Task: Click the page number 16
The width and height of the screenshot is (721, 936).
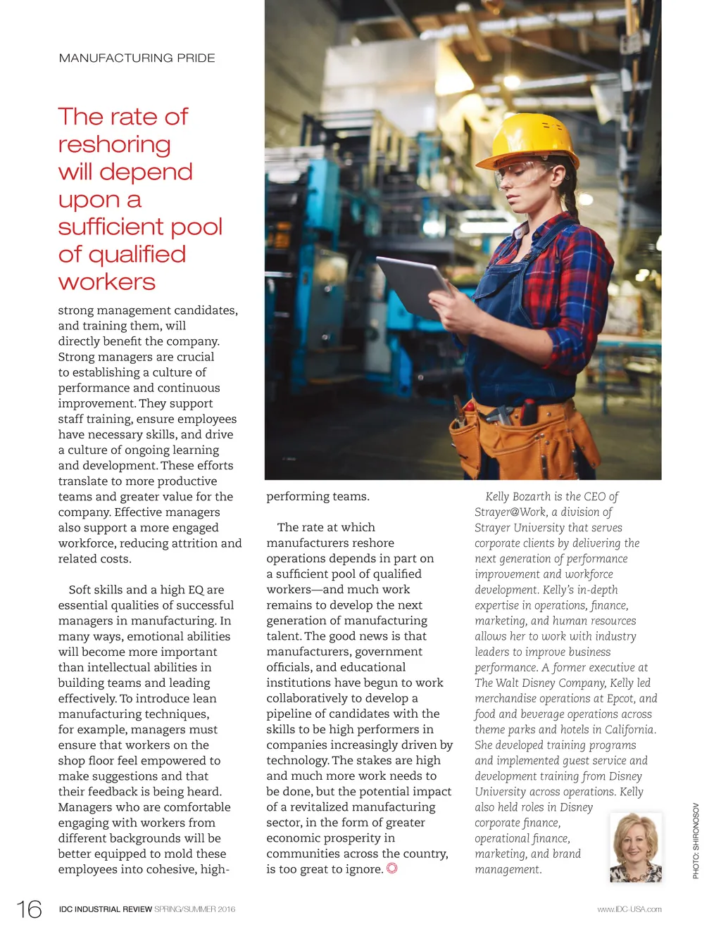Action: point(30,909)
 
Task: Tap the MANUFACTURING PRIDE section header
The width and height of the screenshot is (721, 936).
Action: point(137,58)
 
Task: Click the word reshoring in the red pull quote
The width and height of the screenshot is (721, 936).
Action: point(114,145)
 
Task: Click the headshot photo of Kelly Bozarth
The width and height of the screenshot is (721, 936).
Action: point(636,847)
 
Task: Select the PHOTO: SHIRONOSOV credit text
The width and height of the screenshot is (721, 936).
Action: point(696,840)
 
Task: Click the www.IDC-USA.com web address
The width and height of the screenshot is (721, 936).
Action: point(629,909)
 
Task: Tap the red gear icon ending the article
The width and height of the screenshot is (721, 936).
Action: point(392,868)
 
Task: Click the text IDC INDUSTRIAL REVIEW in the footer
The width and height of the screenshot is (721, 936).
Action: point(106,909)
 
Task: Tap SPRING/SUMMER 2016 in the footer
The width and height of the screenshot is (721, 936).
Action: point(195,909)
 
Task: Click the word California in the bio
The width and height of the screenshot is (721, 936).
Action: point(625,730)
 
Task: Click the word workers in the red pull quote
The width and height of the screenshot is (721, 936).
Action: point(107,282)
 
